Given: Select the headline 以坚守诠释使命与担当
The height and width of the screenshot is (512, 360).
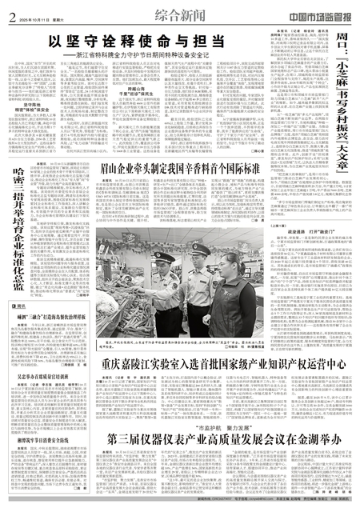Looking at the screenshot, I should coord(135,41).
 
